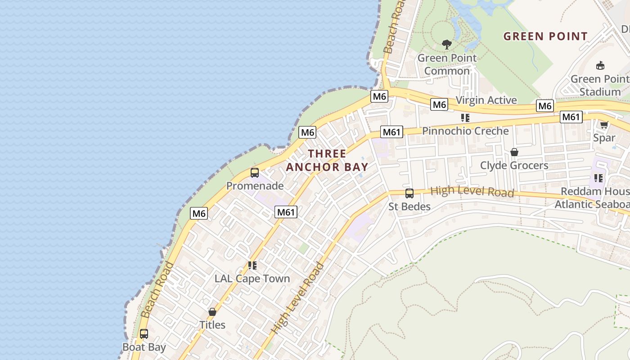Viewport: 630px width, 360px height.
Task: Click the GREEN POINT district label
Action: tap(545, 36)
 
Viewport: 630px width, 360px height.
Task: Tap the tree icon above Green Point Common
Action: tap(446, 44)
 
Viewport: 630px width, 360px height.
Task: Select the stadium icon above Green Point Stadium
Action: tap(600, 66)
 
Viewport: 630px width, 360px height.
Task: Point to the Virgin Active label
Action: tap(486, 100)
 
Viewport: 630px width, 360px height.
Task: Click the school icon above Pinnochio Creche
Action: tap(465, 118)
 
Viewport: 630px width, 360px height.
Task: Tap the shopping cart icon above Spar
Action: tap(604, 125)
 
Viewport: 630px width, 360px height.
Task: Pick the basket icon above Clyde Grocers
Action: tap(514, 152)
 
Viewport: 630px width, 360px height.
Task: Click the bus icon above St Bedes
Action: tap(409, 193)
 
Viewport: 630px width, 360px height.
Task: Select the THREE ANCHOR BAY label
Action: tap(327, 160)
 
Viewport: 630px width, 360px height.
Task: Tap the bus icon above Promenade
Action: tap(255, 172)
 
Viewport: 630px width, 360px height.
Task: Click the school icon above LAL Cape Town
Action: tap(252, 265)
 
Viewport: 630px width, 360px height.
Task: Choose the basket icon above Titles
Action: tap(212, 311)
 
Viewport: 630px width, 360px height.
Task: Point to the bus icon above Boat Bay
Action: tap(144, 334)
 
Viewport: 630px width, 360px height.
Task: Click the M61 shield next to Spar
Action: tap(571, 117)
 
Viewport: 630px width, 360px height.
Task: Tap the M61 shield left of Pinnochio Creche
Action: tap(391, 132)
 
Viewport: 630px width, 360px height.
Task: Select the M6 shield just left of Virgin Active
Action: tap(439, 105)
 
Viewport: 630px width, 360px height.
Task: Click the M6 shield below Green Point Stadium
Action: tap(544, 106)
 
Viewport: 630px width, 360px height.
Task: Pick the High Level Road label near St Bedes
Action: tap(472, 192)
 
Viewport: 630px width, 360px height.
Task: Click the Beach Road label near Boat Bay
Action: tap(157, 290)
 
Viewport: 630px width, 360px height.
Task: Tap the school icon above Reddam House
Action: tap(598, 178)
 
